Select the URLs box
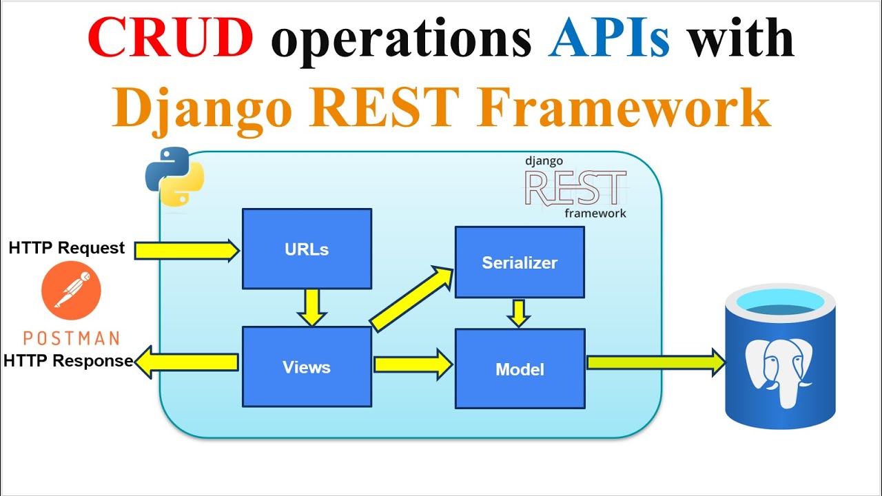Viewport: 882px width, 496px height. [x=307, y=249]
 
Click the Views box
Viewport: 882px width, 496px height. [x=307, y=366]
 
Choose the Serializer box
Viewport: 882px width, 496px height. [x=520, y=262]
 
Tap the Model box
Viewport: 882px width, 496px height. [x=520, y=369]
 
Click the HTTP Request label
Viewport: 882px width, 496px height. [x=67, y=248]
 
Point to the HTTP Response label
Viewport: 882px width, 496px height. [x=68, y=361]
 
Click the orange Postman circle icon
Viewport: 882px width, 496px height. [x=71, y=290]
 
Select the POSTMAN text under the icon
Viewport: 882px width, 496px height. [x=71, y=338]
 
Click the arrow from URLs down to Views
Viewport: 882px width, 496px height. [x=312, y=307]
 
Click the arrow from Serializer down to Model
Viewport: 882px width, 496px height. [x=519, y=313]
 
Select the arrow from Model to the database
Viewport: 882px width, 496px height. [x=655, y=362]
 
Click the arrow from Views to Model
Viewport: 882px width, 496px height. [x=412, y=364]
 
